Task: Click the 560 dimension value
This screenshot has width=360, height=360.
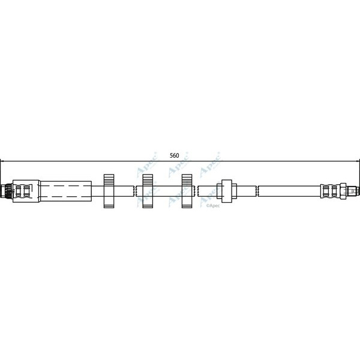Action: (x=174, y=155)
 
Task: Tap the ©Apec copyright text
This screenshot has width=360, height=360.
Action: (x=214, y=205)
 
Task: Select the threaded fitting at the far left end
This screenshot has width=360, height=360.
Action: (x=6, y=191)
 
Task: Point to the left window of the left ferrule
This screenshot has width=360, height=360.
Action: (x=18, y=191)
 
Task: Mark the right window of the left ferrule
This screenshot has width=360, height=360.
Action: (x=26, y=191)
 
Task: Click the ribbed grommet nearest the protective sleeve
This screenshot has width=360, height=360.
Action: (x=109, y=191)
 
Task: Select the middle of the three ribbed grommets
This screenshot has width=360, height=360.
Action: (x=148, y=191)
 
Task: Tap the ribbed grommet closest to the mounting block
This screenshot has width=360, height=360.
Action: (x=187, y=191)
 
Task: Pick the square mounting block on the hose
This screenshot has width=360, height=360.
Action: (x=227, y=191)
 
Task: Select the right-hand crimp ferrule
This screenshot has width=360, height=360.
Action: (x=329, y=191)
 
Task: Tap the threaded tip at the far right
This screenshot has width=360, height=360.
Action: (x=355, y=191)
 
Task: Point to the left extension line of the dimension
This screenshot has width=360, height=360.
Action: (x=1, y=171)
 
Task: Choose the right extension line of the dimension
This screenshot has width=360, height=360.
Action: (x=359, y=171)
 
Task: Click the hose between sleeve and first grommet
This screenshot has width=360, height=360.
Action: (x=97, y=191)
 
